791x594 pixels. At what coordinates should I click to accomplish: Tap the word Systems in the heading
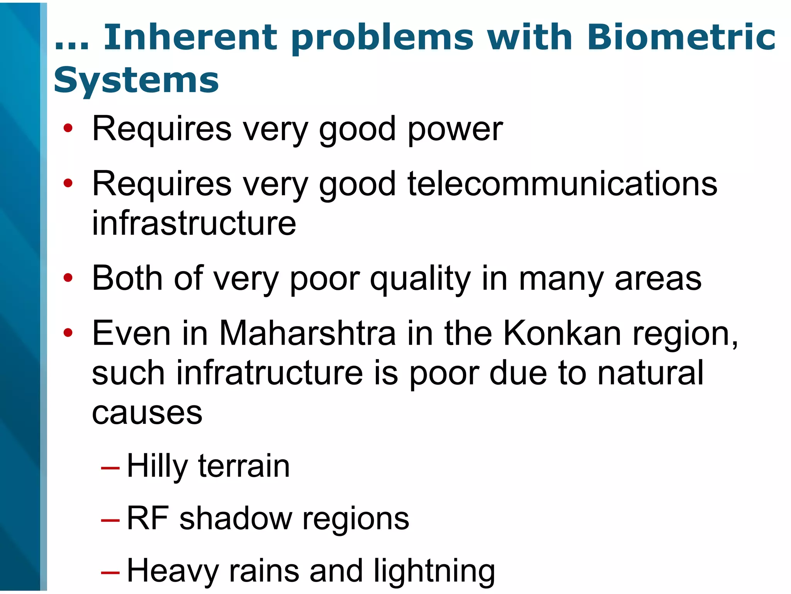[136, 80]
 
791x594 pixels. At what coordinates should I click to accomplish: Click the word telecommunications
[562, 184]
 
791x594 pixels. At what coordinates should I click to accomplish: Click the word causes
[147, 413]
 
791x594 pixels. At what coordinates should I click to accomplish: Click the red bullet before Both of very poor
[68, 278]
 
